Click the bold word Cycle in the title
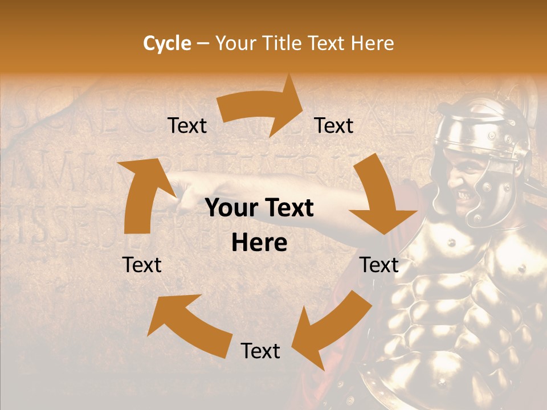point(167,43)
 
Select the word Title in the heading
point(283,43)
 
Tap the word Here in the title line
point(372,43)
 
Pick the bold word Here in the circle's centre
point(259,243)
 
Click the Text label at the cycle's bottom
point(260,351)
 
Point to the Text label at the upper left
point(187,125)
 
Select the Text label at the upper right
point(334,125)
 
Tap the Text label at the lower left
point(142,265)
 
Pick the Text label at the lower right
point(379,265)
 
